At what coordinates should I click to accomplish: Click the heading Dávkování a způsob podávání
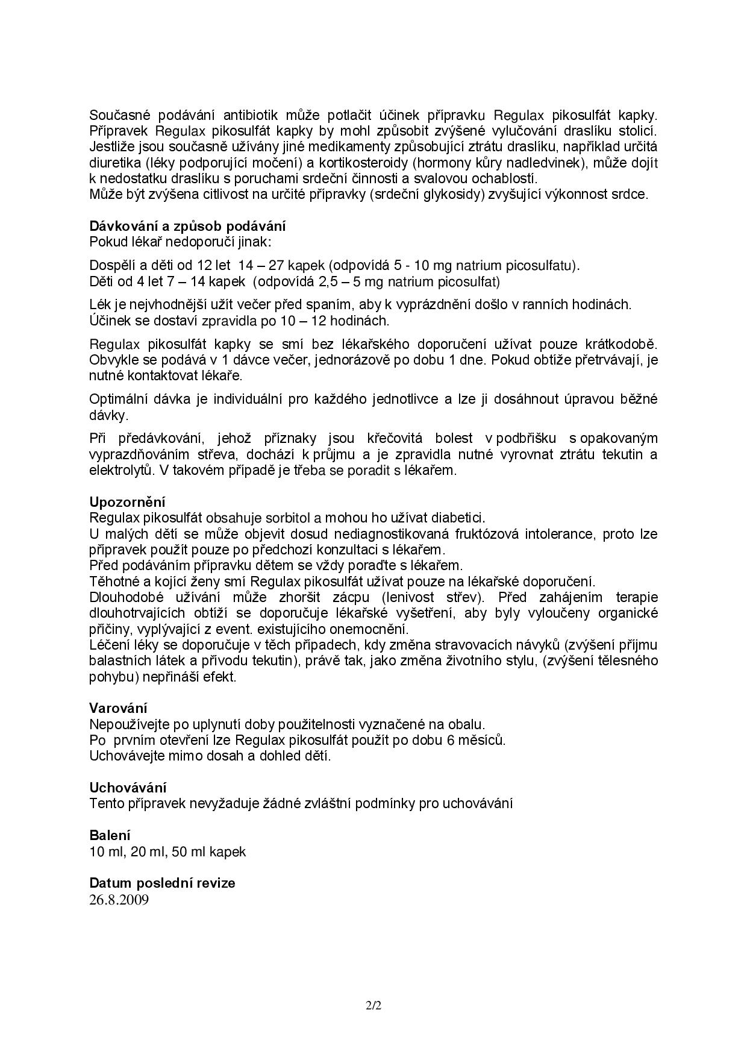[187, 227]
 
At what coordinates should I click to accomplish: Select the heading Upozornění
[127, 502]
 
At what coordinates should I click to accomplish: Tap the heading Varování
[118, 708]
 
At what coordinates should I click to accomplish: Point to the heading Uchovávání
[128, 788]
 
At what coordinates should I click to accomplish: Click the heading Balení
[110, 835]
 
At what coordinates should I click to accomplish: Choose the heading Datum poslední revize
[162, 883]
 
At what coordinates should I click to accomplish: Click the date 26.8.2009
[119, 900]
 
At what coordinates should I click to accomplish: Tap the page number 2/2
[373, 1006]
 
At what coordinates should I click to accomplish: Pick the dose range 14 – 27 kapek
[282, 266]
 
